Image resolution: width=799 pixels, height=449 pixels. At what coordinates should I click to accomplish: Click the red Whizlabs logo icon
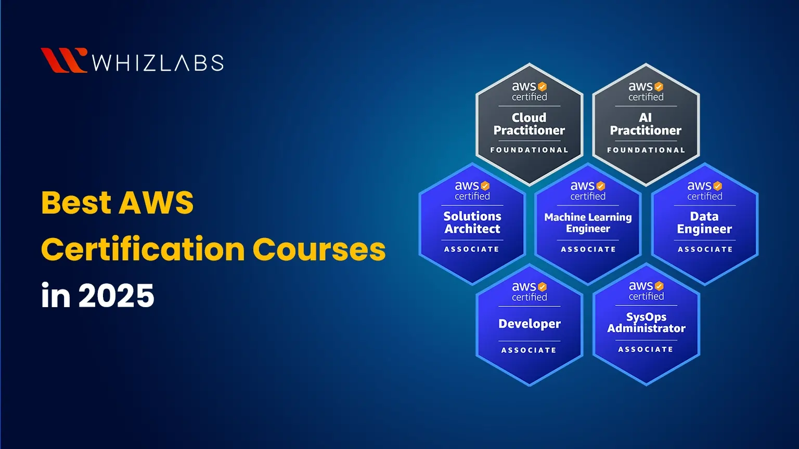[x=63, y=60]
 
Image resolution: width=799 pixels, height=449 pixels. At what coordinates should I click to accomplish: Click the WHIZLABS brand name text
[x=158, y=63]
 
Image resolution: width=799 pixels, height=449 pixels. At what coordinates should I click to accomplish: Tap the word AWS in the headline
[x=156, y=203]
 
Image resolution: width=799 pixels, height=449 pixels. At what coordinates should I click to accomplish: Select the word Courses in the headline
[x=319, y=249]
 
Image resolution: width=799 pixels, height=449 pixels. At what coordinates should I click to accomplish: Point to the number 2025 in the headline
[x=116, y=296]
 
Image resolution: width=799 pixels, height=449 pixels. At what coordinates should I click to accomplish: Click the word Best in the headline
[x=76, y=203]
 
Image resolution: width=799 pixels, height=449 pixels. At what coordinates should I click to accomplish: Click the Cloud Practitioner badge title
[x=529, y=124]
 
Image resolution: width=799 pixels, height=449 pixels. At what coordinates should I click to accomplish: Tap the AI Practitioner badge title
[x=646, y=124]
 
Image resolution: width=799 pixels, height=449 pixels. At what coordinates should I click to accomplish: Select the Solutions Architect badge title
[x=472, y=222]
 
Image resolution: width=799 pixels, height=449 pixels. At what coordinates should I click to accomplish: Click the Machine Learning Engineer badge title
[x=588, y=223]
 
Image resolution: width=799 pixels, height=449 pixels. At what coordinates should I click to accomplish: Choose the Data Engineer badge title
[x=704, y=223]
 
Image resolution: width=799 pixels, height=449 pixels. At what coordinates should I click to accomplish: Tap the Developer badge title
[x=530, y=324]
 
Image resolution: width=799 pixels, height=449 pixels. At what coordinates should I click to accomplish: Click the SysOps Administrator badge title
[x=646, y=323]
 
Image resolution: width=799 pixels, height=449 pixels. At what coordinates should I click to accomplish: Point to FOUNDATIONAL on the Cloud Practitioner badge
[x=529, y=150]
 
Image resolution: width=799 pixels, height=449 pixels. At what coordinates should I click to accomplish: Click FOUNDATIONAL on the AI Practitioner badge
[x=646, y=150]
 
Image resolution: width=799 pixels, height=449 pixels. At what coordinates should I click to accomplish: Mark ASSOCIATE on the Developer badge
[x=529, y=350]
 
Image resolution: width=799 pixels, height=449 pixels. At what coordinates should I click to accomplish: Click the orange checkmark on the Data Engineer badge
[x=718, y=186]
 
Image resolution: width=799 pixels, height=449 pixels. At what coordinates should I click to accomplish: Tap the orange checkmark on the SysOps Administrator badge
[x=659, y=286]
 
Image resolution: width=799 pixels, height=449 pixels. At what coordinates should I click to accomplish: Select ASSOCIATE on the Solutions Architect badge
[x=472, y=249]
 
